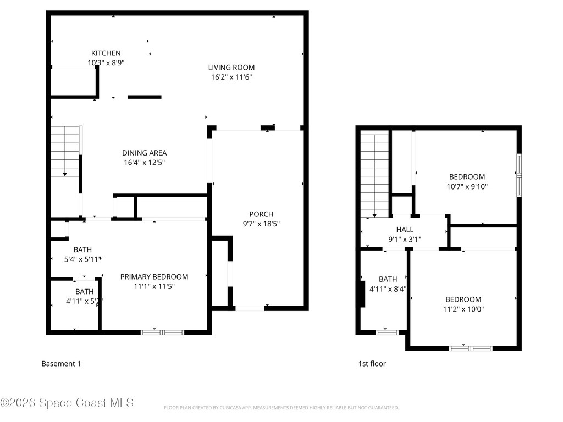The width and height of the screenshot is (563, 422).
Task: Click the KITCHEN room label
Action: coord(106,53)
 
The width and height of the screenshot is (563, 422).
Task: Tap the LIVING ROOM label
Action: coord(231,68)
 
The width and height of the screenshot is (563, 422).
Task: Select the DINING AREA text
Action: coord(144,153)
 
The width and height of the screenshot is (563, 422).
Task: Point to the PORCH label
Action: coord(261,214)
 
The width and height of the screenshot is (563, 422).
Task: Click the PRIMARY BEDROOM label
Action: coord(154,276)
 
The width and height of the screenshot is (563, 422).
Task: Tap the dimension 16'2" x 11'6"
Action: coord(231,77)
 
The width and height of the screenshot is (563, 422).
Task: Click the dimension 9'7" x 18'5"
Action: coord(261,224)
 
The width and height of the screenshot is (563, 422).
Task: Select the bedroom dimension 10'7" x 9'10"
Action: coord(467,187)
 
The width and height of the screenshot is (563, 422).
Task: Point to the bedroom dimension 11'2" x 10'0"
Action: coord(463,309)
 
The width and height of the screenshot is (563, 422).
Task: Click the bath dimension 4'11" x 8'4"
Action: coord(388,289)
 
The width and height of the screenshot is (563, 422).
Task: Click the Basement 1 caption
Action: coord(61,363)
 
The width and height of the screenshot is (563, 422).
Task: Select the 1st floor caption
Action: coord(372,363)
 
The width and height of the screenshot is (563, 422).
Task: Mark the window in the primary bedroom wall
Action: coord(162,332)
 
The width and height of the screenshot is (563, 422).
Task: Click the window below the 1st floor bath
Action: coord(387,332)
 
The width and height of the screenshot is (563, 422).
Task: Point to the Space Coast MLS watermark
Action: coord(67,403)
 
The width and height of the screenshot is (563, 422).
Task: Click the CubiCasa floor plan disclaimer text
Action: coord(281,408)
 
